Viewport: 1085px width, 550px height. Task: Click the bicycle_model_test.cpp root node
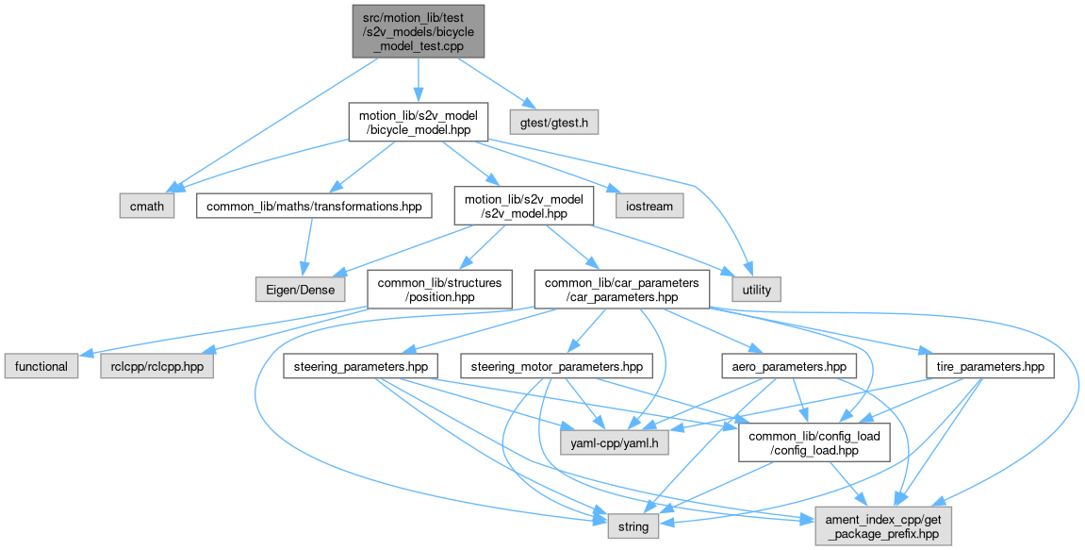pos(419,30)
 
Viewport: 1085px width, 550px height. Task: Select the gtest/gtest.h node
pos(553,122)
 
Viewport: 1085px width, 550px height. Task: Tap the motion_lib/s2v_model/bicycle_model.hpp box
pos(419,122)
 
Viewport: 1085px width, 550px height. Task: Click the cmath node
pos(146,205)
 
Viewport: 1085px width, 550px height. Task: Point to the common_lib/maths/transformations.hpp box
pos(313,205)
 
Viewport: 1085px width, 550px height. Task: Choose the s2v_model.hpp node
pos(523,205)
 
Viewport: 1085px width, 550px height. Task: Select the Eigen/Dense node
pos(300,290)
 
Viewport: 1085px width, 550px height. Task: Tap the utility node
pos(756,290)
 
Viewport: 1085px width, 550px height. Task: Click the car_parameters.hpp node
pos(620,290)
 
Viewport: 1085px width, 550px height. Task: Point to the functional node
pos(41,365)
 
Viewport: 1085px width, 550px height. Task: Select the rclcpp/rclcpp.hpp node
pos(156,365)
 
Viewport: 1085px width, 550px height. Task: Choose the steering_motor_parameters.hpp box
pos(556,365)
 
